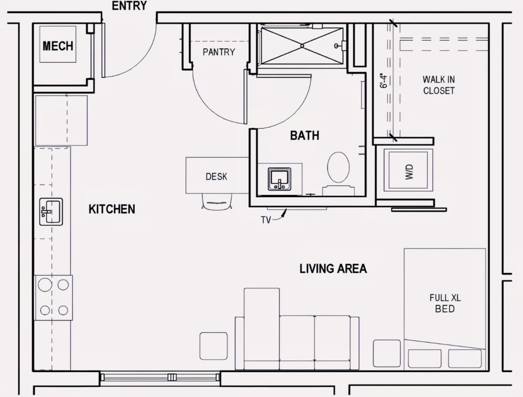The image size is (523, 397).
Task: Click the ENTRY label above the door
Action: [x=129, y=6]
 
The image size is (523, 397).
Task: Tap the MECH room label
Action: [x=58, y=46]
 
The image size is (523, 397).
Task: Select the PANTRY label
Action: [x=219, y=52]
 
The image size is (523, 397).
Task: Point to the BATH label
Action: [x=305, y=136]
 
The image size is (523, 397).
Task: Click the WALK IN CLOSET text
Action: [x=438, y=85]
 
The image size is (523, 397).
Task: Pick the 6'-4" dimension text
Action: [x=384, y=81]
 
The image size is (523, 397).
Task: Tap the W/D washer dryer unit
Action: [x=408, y=170]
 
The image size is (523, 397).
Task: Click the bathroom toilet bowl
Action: [x=338, y=167]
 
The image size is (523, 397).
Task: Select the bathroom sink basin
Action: [x=279, y=179]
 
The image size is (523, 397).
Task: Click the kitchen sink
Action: [x=51, y=212]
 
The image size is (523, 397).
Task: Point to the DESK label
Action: [x=216, y=176]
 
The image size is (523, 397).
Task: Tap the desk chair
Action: [x=217, y=201]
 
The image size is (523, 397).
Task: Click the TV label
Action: [x=266, y=220]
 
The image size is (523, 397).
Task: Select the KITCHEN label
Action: [x=112, y=209]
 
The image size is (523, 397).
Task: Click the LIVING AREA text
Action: [x=333, y=268]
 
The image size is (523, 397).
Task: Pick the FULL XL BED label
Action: [x=445, y=303]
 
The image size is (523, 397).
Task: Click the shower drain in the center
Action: [x=302, y=46]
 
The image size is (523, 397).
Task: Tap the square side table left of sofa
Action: [x=214, y=346]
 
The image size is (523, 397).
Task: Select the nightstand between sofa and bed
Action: [x=387, y=353]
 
